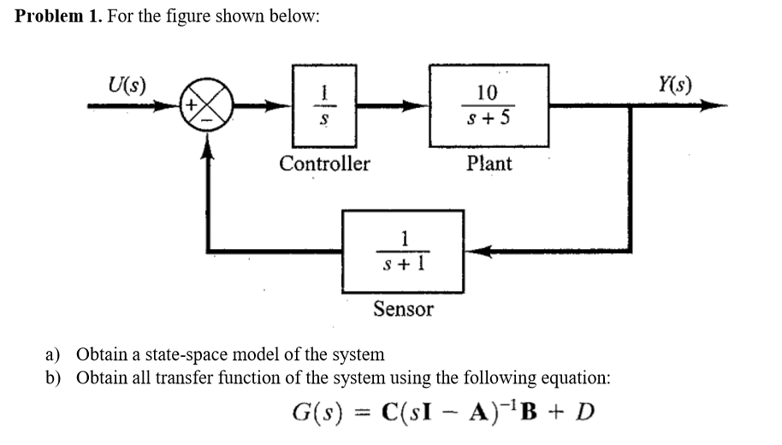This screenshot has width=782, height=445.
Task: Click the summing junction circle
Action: pos(205,108)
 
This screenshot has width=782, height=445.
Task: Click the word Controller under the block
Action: pos(325,163)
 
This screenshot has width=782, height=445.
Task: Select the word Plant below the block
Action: pos(489,163)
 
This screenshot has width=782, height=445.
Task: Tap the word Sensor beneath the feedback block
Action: pos(403,309)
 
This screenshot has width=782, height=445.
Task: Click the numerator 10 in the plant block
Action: pos(487,92)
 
